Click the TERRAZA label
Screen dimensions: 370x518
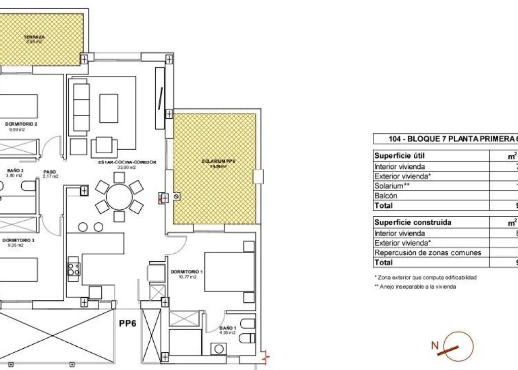(x=35, y=37)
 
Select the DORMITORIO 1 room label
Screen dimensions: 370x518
(x=187, y=272)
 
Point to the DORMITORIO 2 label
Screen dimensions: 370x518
(x=22, y=124)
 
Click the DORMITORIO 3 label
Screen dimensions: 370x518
(x=19, y=240)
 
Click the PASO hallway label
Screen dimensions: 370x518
(x=50, y=171)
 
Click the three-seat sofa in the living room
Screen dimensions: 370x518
(x=81, y=107)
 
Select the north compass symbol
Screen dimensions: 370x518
(x=453, y=347)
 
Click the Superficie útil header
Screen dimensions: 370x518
(x=399, y=156)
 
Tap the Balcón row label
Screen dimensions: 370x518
(x=385, y=196)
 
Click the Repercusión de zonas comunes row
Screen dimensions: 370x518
(x=428, y=253)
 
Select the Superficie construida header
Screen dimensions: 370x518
(x=413, y=222)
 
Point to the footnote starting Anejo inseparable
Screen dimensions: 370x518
(x=415, y=287)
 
